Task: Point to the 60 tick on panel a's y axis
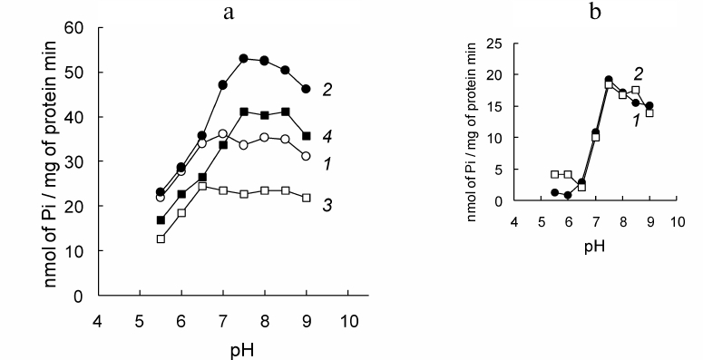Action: [77, 28]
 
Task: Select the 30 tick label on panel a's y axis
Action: [77, 161]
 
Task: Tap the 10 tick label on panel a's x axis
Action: [349, 318]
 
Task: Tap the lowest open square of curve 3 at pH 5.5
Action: [161, 239]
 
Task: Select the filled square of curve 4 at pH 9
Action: [307, 136]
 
